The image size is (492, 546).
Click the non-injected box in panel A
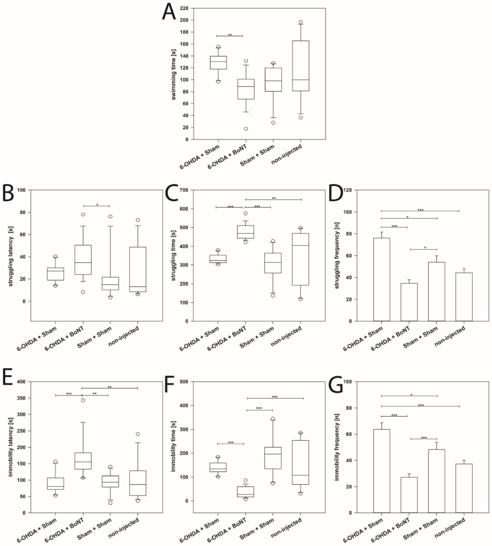301,66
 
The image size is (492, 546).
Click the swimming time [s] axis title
174,74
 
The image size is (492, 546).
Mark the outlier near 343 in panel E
83,400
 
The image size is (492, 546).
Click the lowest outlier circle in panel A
246,129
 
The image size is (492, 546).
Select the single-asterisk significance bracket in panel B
96,206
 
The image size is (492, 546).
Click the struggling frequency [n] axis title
337,255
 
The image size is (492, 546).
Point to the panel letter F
169,384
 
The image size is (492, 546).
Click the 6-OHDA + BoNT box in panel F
246,492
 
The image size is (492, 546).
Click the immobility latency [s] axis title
11,447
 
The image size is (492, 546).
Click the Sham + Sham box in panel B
110,284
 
